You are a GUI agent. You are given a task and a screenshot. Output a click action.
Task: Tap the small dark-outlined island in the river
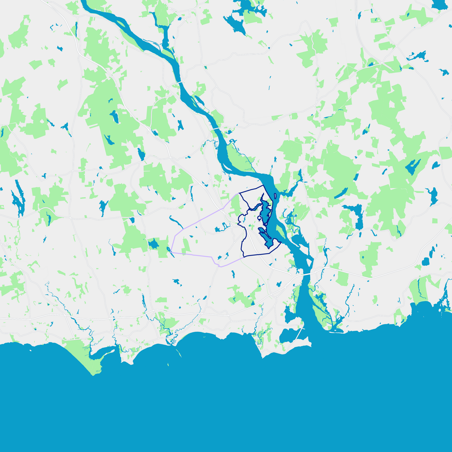tap(275, 196)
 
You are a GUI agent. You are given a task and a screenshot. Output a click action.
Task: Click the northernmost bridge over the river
tap(180, 82)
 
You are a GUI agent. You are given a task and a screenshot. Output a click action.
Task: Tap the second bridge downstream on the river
tap(216, 128)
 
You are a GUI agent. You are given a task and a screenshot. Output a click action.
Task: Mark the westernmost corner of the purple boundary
tap(171, 252)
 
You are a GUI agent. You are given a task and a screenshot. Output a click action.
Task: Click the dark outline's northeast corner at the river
tap(263, 185)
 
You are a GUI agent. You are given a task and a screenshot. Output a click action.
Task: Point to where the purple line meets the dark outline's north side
tap(239, 193)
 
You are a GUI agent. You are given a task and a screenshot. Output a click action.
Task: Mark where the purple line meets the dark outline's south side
tap(244, 257)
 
